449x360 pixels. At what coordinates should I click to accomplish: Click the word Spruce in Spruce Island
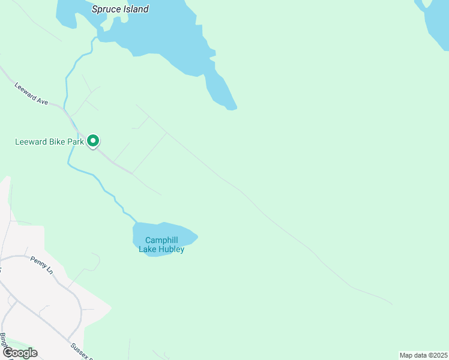(x=104, y=9)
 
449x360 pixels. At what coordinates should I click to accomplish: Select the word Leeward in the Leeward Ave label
(x=26, y=90)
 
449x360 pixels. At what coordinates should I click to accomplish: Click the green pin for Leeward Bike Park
(x=93, y=141)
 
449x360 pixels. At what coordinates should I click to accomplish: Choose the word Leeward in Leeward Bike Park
(x=29, y=142)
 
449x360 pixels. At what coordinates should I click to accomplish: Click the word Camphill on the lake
(x=161, y=240)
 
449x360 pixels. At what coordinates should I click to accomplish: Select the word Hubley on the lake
(x=172, y=249)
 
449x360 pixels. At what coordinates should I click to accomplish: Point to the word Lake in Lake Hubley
(x=148, y=249)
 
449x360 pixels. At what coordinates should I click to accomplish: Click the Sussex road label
(x=82, y=350)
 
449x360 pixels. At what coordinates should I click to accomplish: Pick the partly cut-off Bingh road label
(x=4, y=341)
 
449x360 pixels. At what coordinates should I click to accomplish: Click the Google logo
(x=20, y=352)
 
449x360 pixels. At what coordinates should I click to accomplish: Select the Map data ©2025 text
(x=423, y=355)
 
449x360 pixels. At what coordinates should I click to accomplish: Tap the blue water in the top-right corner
(x=437, y=24)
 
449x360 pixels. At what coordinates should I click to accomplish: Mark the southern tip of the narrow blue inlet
(x=232, y=108)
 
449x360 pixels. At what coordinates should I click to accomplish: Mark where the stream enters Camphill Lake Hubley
(x=136, y=223)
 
